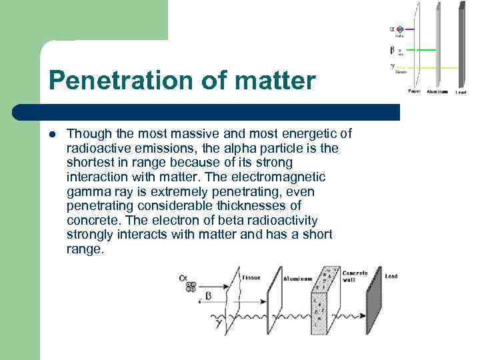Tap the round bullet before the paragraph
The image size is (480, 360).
[x=52, y=133]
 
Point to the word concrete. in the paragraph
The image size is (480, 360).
[x=94, y=220]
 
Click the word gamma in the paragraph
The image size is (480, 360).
[x=85, y=191]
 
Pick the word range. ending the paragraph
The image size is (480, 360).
[x=85, y=249]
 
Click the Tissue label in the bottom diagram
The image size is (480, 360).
[x=251, y=277]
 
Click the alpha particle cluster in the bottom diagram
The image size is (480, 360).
[x=191, y=287]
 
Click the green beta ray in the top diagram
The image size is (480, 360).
[x=420, y=49]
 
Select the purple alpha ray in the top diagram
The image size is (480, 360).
[x=409, y=29]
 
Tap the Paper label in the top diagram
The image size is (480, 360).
[x=414, y=92]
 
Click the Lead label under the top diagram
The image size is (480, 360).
[x=461, y=92]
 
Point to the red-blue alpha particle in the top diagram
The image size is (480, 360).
[x=400, y=29]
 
